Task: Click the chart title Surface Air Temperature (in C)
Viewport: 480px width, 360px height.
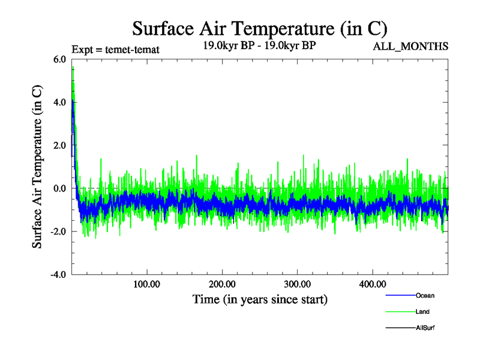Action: [x=260, y=28]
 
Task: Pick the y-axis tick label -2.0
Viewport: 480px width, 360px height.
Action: [x=58, y=232]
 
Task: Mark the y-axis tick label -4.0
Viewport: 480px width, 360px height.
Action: [x=58, y=275]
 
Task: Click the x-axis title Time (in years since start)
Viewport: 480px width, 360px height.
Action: [x=260, y=299]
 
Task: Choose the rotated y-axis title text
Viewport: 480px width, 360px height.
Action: [x=37, y=167]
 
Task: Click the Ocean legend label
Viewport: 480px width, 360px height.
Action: [x=425, y=295]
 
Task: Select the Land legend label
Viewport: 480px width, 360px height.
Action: [x=422, y=312]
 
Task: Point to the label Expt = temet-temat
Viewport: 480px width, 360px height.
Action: [x=115, y=49]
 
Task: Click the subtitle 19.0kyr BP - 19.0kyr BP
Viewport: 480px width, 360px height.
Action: [x=260, y=44]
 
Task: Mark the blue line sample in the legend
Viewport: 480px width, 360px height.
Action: [x=399, y=295]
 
